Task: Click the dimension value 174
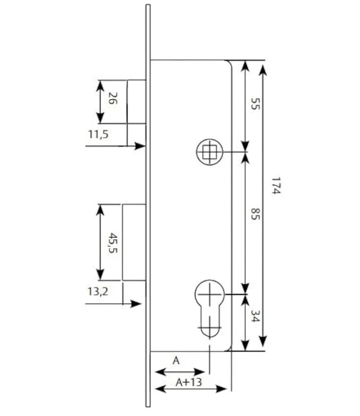pos(276,186)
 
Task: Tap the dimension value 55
pos(255,104)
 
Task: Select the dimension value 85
pos(255,214)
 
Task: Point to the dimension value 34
pos(255,316)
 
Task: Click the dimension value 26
pos(113,98)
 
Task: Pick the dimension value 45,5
pos(113,243)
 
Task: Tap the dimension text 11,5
pos(98,134)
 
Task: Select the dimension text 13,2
pos(98,291)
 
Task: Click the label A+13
pos(189,382)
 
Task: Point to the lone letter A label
pos(176,361)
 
